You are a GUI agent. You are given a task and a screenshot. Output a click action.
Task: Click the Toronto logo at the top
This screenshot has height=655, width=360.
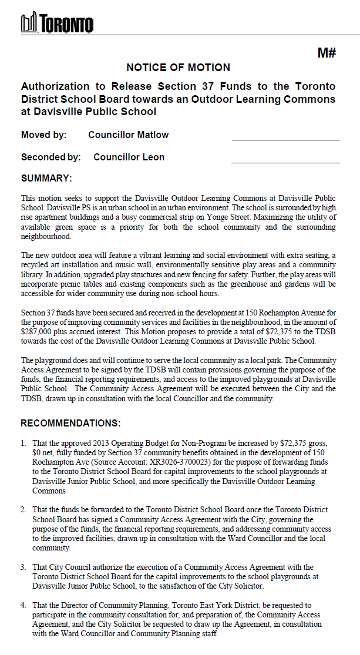click(57, 23)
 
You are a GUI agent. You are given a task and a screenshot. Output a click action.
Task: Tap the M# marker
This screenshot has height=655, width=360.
click(327, 53)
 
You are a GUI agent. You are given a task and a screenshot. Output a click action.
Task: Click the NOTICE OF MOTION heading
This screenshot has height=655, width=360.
click(179, 68)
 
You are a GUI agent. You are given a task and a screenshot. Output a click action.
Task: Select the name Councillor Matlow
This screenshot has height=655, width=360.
click(128, 135)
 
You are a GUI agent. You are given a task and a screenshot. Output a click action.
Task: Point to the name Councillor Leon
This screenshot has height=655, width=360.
click(129, 157)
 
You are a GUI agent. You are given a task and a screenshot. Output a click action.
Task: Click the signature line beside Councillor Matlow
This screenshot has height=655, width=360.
click(285, 140)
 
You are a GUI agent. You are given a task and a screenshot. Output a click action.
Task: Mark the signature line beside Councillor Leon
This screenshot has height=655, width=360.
click(285, 162)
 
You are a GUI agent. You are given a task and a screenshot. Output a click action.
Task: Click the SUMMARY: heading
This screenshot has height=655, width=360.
click(46, 178)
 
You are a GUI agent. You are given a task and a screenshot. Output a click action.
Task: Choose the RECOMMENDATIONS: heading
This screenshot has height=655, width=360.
click(70, 423)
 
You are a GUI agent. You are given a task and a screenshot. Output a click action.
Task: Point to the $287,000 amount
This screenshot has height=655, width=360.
click(38, 332)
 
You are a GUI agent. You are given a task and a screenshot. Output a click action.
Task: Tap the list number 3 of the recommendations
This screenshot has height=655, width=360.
click(23, 567)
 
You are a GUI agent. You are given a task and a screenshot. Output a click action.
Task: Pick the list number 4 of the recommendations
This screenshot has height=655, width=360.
click(23, 605)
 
